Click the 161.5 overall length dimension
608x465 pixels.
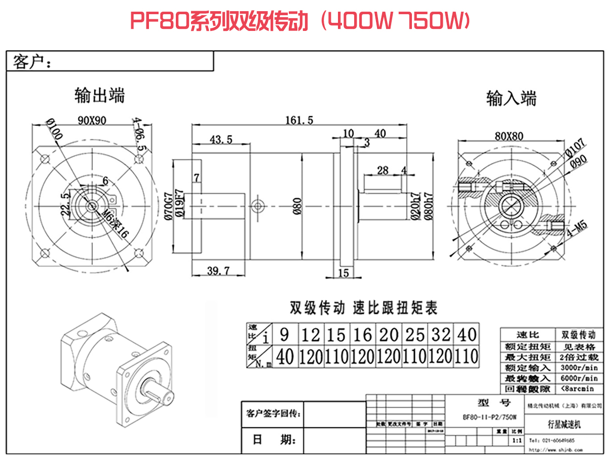click(300, 120)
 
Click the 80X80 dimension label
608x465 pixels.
click(509, 135)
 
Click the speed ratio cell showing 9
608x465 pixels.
click(285, 335)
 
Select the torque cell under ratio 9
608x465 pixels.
click(285, 357)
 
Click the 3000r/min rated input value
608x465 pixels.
click(580, 368)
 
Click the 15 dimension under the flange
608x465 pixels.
click(343, 273)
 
